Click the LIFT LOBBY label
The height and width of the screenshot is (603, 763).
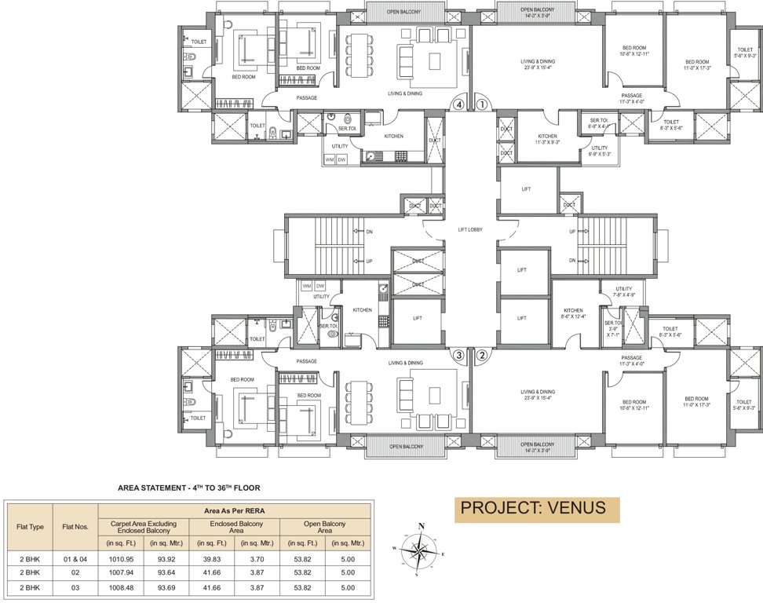pyautogui.click(x=470, y=230)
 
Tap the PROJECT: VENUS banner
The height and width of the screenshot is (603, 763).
pyautogui.click(x=537, y=509)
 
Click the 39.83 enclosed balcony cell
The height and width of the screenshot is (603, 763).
pyautogui.click(x=212, y=558)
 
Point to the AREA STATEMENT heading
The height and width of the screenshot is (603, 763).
pyautogui.click(x=188, y=488)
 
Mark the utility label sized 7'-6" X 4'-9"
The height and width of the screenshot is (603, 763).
pyautogui.click(x=624, y=292)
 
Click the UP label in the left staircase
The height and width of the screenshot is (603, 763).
pyautogui.click(x=369, y=261)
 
